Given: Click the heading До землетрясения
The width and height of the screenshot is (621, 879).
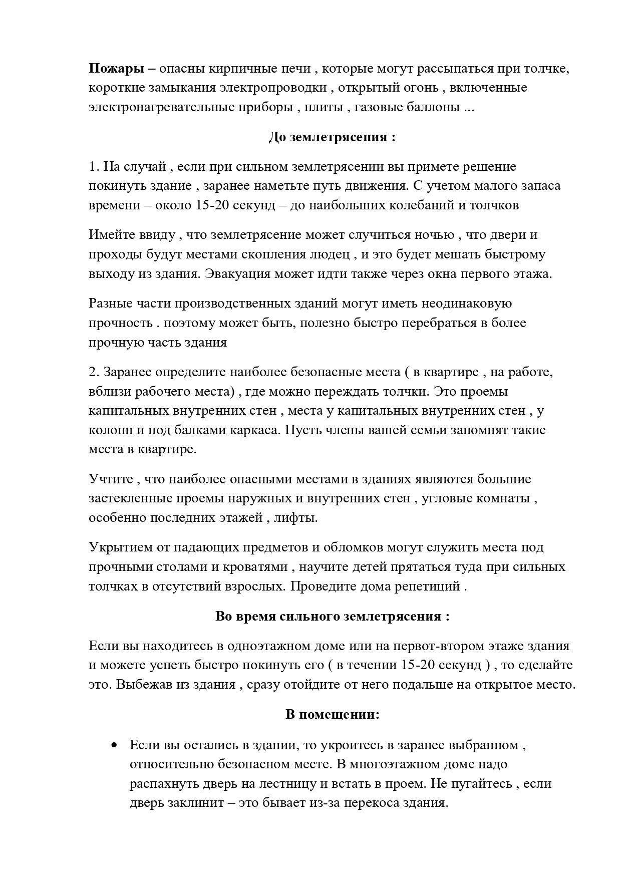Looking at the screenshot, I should point(332,137).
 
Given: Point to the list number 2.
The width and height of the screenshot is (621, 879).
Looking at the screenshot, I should point(94,372).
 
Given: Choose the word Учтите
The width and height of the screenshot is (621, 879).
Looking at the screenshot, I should point(111,479).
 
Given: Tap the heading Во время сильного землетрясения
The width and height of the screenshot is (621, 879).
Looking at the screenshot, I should point(332,617).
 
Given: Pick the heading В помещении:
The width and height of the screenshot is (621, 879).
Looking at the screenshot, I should point(332,715).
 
